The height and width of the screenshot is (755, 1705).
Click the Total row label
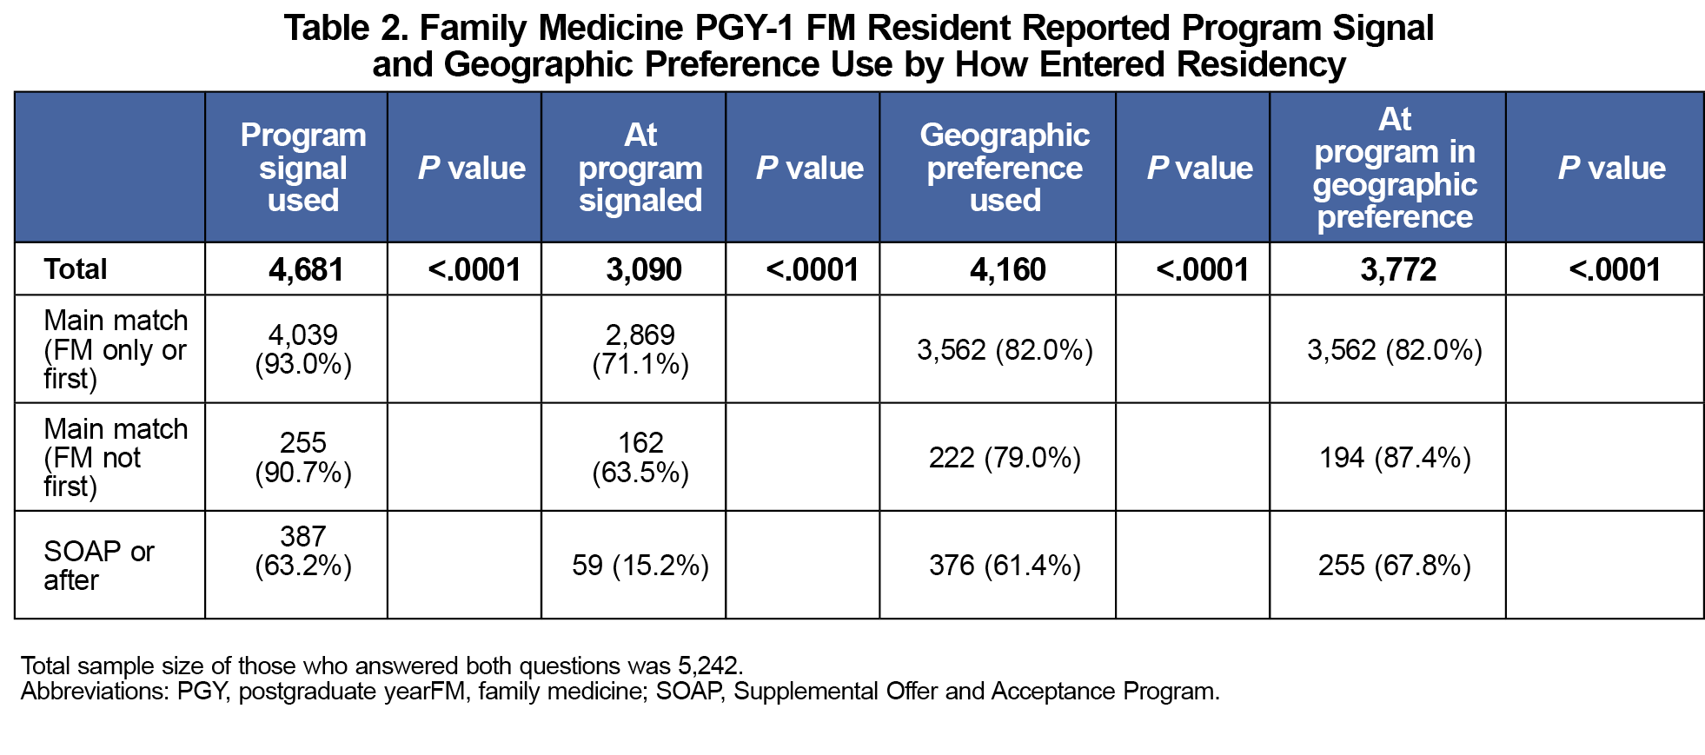tap(76, 269)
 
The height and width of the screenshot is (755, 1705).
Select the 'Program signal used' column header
tap(303, 168)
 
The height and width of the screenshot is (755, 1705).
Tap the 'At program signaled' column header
tap(640, 168)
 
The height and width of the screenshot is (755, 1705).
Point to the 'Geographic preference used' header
tap(1005, 168)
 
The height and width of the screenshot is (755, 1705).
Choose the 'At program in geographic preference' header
tap(1395, 168)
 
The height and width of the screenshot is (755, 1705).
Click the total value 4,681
tap(306, 270)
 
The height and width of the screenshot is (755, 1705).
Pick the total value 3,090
tap(644, 270)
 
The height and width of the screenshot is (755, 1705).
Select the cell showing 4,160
tap(1008, 270)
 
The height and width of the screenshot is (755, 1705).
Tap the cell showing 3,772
tap(1398, 270)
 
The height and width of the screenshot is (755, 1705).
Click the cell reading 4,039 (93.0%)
tap(303, 349)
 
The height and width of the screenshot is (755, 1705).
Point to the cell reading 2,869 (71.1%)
tap(640, 349)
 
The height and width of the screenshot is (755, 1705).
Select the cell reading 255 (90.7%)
tap(303, 457)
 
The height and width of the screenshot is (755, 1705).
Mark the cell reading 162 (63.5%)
tap(640, 457)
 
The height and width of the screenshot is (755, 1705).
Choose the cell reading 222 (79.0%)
tap(1005, 458)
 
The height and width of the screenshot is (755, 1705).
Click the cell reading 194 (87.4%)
tap(1395, 458)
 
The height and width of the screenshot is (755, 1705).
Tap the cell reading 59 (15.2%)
tap(640, 566)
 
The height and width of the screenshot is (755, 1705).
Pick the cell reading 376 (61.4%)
tap(1005, 566)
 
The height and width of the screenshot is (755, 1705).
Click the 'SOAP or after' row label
tap(99, 566)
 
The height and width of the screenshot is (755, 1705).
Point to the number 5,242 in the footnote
tap(708, 666)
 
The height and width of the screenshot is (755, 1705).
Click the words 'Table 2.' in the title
tap(346, 29)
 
